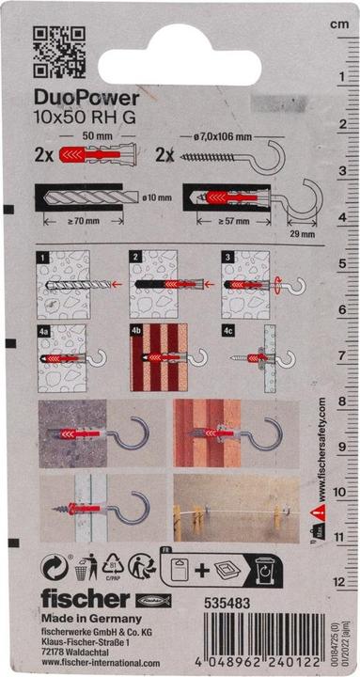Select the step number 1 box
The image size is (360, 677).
point(42,255)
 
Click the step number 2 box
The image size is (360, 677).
point(133,255)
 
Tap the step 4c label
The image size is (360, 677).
point(227,330)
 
